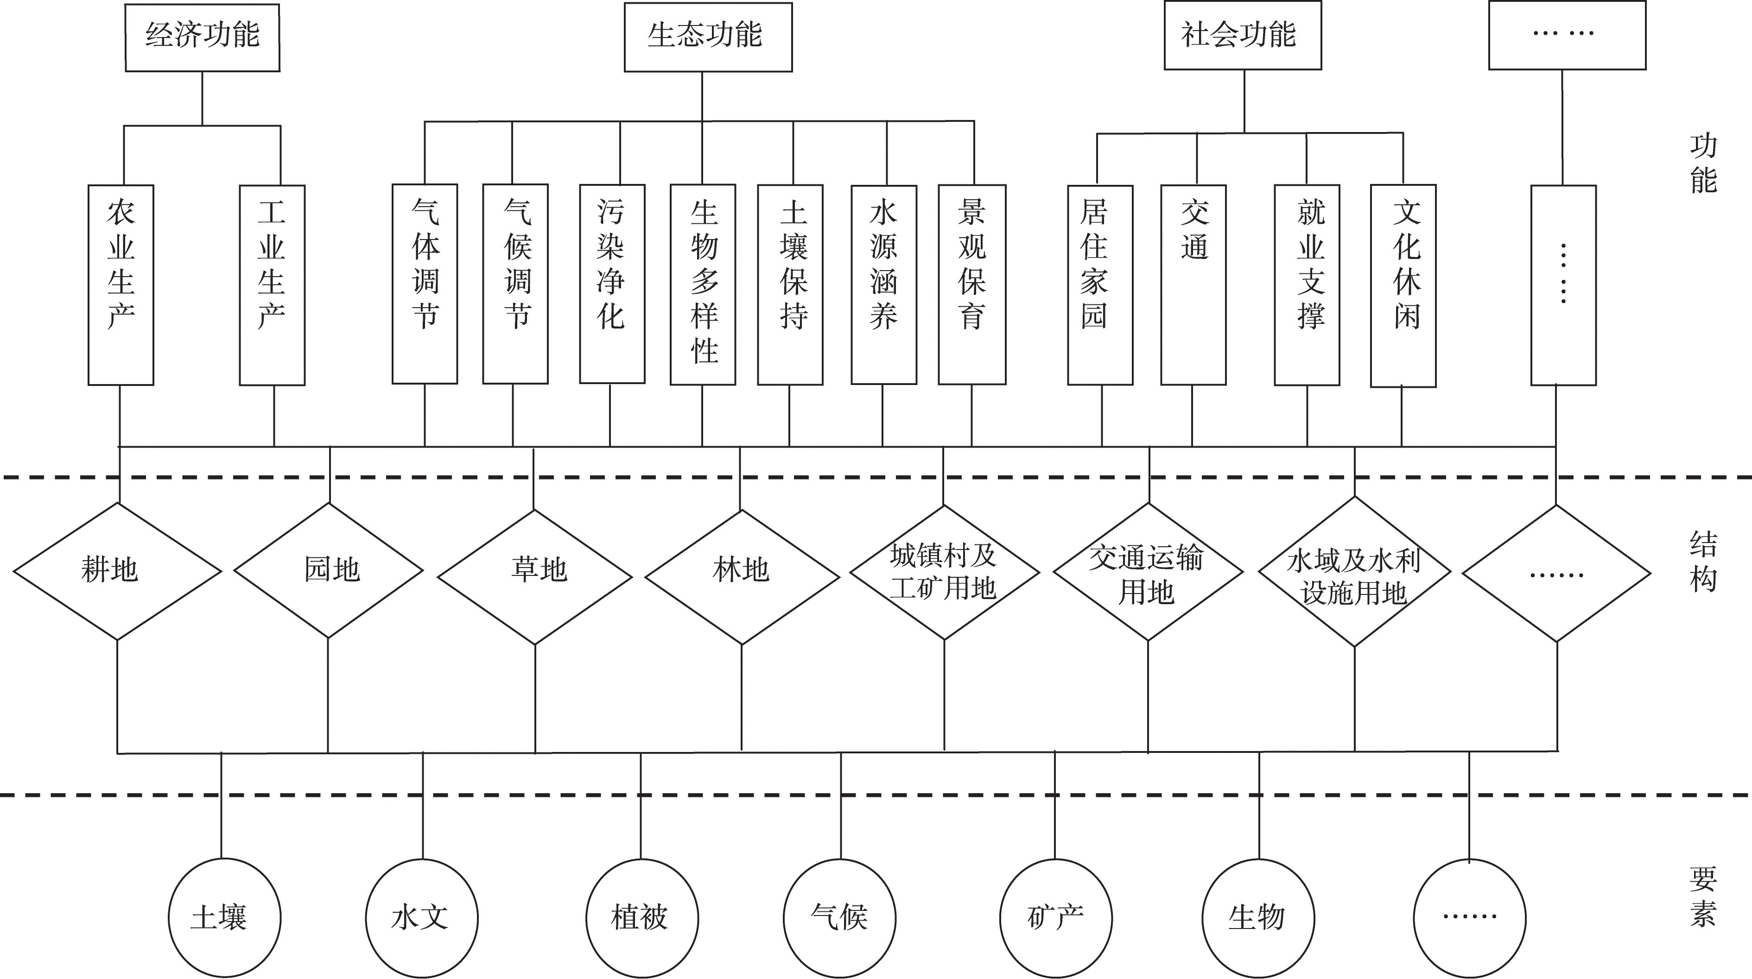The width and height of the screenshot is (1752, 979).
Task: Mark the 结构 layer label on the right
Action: point(1703,562)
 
